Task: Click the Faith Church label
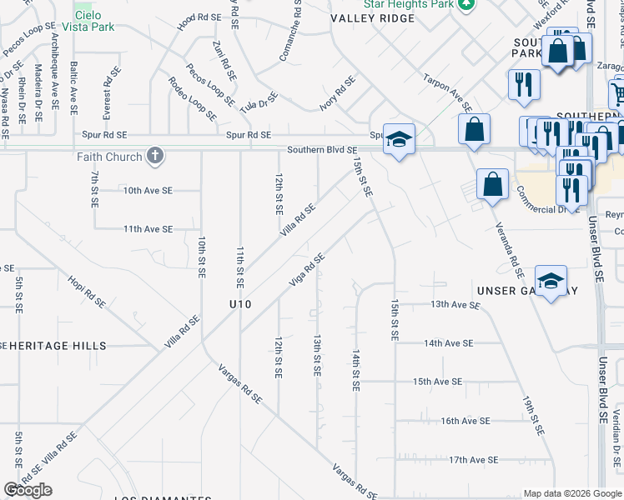click(109, 156)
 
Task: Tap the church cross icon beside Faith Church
click(154, 156)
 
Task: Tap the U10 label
click(240, 304)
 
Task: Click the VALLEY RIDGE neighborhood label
click(372, 17)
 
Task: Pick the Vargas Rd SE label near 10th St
click(240, 384)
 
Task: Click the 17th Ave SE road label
click(473, 459)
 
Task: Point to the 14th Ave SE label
click(449, 343)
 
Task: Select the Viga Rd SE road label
click(306, 269)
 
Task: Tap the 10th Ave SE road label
click(148, 191)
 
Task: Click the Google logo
click(29, 490)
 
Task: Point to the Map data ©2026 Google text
click(571, 493)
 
